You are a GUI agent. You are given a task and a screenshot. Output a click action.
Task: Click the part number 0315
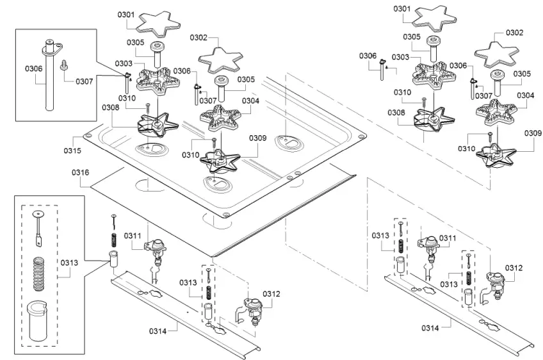(x=72, y=151)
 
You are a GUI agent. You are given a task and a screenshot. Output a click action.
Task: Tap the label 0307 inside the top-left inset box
(x=84, y=81)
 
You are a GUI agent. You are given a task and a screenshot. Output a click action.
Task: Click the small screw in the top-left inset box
(x=65, y=64)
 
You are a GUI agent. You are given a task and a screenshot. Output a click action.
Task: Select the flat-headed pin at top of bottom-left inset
(x=37, y=227)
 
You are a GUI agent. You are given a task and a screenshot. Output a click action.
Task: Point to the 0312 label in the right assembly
(x=514, y=268)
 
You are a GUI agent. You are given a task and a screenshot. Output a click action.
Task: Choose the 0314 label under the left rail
(x=158, y=331)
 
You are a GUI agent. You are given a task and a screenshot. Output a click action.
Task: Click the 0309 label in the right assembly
(x=533, y=133)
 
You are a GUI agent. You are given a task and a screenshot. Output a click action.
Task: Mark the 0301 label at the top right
(x=401, y=9)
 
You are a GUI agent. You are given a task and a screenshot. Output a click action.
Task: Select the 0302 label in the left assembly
(x=199, y=38)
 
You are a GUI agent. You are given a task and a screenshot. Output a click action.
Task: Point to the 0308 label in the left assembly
(x=110, y=108)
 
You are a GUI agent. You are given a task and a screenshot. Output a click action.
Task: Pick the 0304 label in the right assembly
(x=525, y=95)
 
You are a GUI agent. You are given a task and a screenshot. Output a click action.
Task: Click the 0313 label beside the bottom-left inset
(x=70, y=262)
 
